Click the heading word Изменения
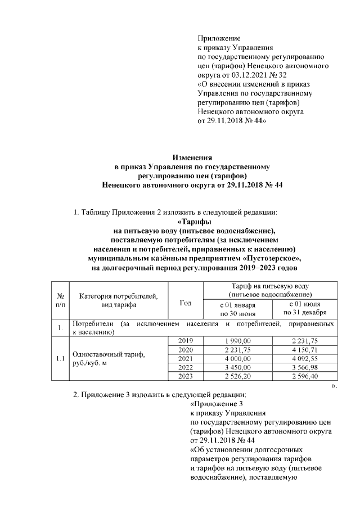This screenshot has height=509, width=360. coord(192,158)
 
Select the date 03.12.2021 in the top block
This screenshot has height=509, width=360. coord(246,74)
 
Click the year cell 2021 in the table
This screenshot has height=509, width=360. coord(185,358)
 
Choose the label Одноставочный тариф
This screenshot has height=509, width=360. coord(106,354)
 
